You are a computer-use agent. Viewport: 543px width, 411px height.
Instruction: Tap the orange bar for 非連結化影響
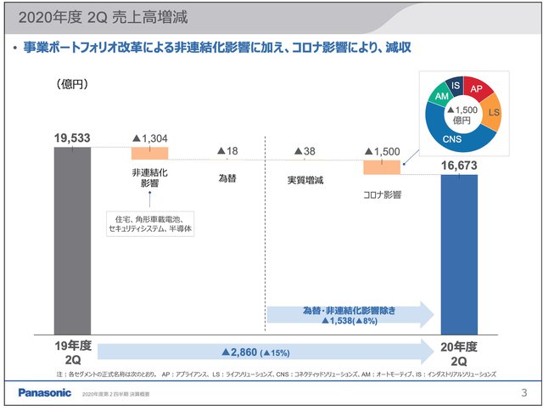(149, 153)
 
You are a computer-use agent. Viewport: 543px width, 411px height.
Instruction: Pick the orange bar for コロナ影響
(381, 166)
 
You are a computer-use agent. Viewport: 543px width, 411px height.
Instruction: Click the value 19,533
(72, 138)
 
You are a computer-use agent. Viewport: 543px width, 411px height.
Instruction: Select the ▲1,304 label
(150, 138)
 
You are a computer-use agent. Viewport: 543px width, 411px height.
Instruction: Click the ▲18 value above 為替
(227, 151)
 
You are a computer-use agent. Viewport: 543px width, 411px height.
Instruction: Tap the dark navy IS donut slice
(456, 86)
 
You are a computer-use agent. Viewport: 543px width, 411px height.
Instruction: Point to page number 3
(523, 392)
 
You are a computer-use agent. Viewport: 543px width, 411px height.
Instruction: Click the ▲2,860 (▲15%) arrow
(263, 351)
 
